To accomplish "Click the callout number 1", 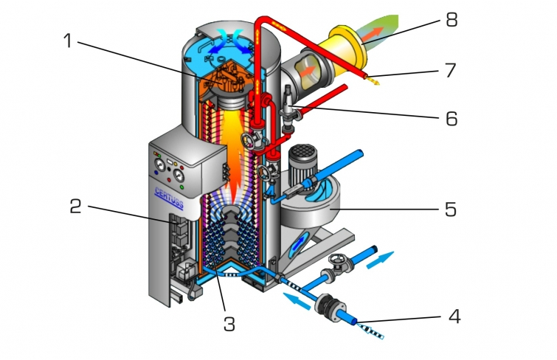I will (69, 41).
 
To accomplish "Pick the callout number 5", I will (449, 209).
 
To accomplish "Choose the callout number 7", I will (449, 71).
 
